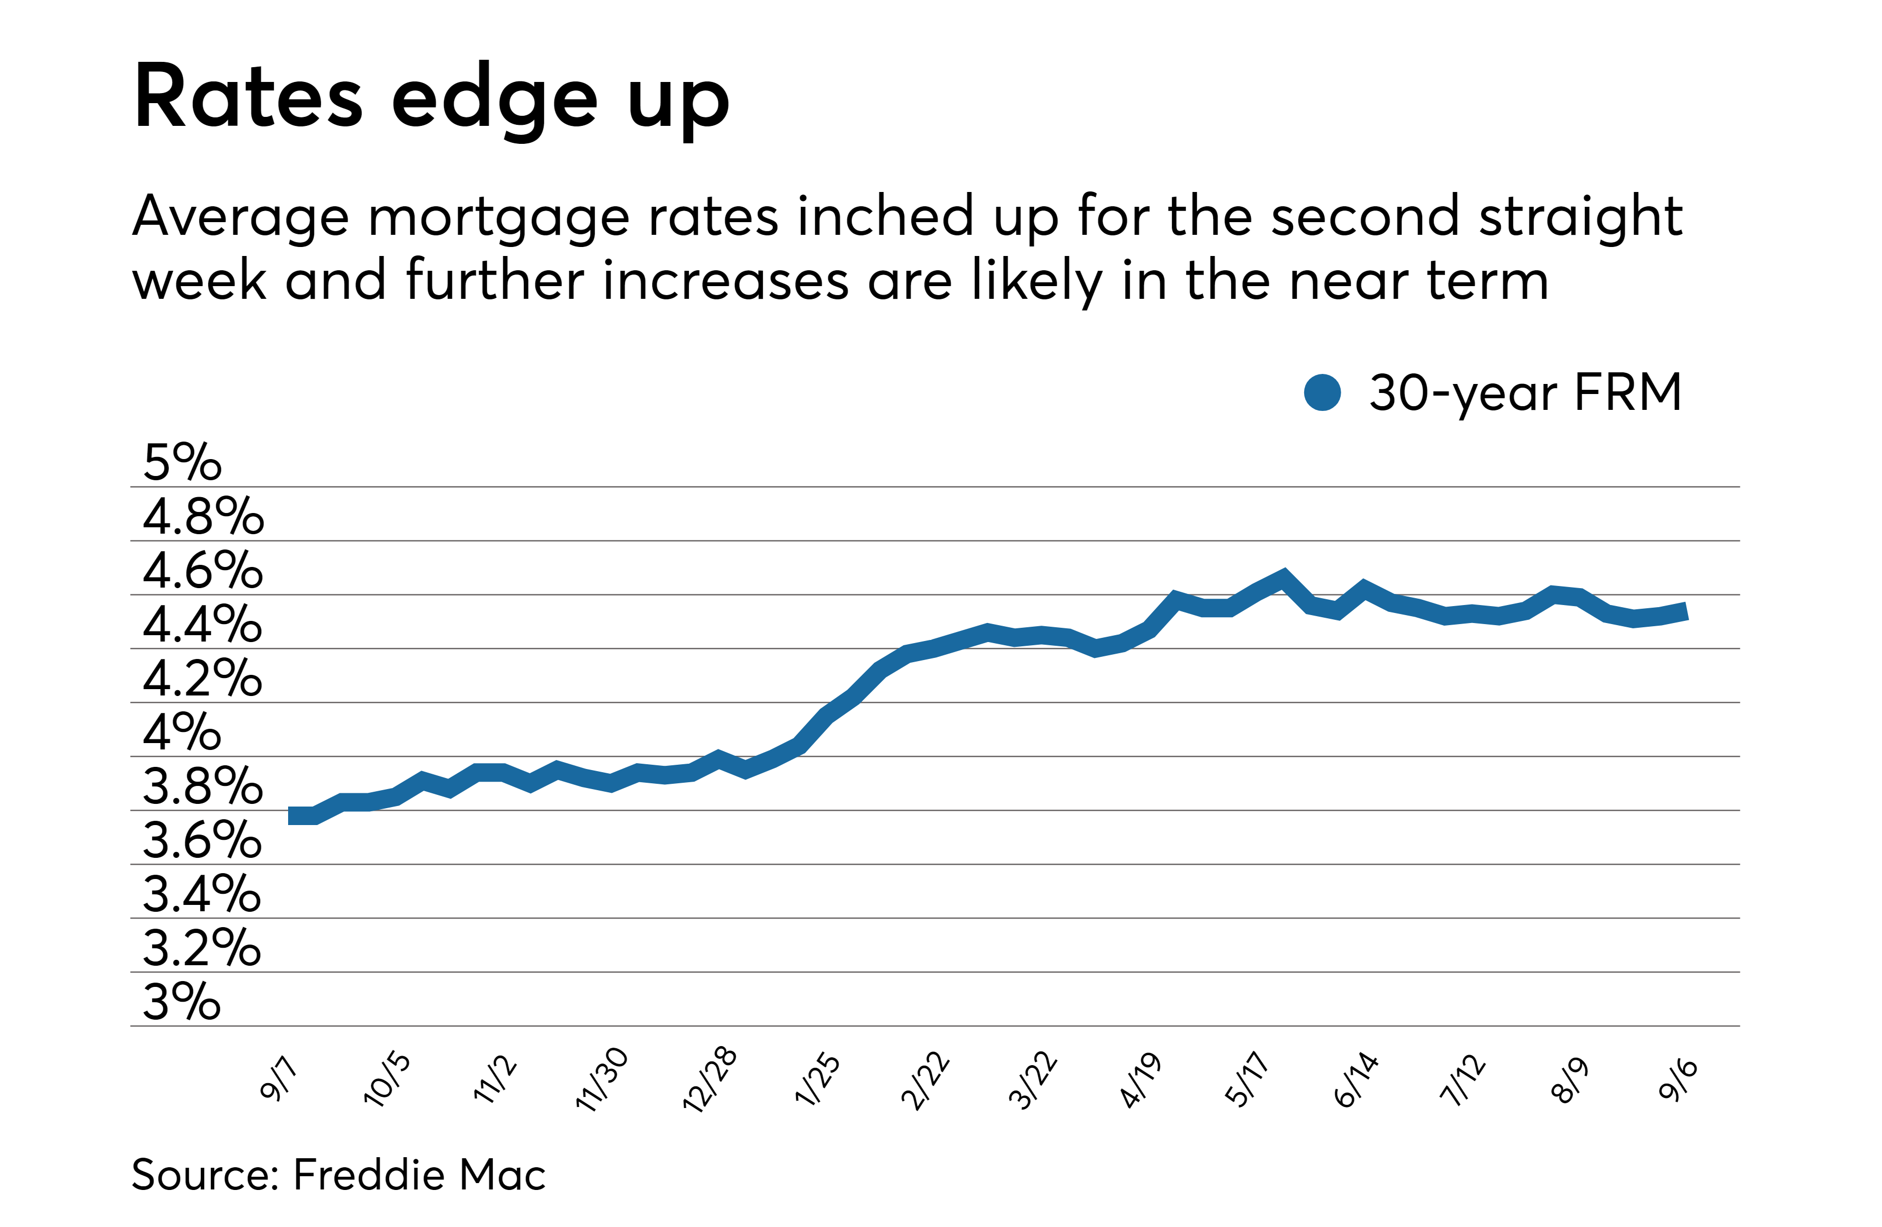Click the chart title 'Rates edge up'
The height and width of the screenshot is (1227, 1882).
pyautogui.click(x=431, y=99)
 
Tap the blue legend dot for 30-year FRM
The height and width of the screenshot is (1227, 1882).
pyautogui.click(x=1322, y=392)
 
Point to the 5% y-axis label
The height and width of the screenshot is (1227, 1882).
pyautogui.click(x=182, y=462)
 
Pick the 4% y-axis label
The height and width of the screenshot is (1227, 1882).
pyautogui.click(x=182, y=732)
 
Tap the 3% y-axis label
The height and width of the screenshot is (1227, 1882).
pyautogui.click(x=182, y=1002)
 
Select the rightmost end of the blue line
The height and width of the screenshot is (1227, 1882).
pyautogui.click(x=1686, y=611)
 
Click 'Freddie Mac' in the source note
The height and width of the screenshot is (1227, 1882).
pyautogui.click(x=419, y=1174)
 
